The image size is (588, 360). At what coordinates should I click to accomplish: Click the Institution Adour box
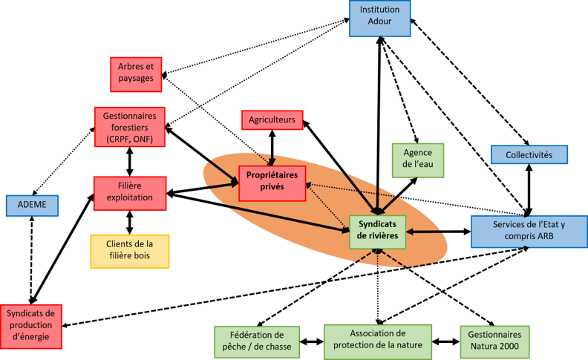[379, 18]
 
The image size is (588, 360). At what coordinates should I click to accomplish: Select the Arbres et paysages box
[136, 74]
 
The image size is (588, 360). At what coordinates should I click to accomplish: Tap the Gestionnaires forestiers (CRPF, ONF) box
[129, 128]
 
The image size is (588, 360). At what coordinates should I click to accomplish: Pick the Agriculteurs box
[272, 120]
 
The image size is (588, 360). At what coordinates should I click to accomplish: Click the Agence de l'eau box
[417, 160]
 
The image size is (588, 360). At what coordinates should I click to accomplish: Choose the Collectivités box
[529, 154]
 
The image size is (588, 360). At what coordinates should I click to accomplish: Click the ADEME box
[31, 206]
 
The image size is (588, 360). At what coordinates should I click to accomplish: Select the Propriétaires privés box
[272, 182]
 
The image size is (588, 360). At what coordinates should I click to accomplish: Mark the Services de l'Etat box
[529, 231]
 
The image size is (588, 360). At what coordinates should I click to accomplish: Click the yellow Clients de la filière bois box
[130, 251]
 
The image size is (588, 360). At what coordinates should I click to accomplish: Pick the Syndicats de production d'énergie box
[31, 326]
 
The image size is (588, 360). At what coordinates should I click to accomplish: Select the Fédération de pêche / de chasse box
[257, 341]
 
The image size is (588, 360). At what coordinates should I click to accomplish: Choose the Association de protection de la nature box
[378, 340]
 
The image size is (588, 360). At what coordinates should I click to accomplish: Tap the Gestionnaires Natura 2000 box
[494, 341]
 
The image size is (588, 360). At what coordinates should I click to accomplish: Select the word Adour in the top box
[379, 23]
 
